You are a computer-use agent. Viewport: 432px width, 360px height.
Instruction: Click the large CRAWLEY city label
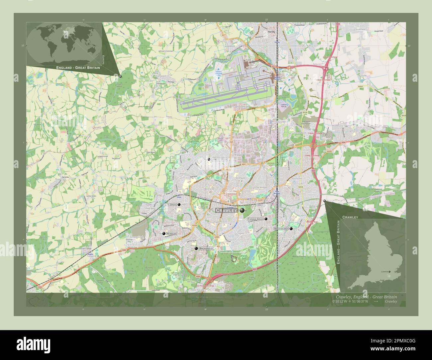point(226,211)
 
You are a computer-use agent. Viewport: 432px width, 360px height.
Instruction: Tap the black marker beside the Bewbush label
point(163,234)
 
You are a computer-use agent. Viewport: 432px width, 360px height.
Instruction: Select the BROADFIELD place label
point(206,248)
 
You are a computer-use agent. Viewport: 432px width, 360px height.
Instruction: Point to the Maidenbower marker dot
point(291,228)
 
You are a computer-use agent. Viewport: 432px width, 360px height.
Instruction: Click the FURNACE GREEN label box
point(255,219)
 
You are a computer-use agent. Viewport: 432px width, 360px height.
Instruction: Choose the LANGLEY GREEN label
point(219,160)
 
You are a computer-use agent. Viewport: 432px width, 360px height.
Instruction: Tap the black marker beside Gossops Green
point(179,205)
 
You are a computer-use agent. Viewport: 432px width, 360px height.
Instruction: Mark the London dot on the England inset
point(389,272)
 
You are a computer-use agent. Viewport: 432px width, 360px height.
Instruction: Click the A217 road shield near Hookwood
point(224,35)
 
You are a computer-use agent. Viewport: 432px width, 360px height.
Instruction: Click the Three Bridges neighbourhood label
point(260,188)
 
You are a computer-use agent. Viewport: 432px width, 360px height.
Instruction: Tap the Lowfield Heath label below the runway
point(242,107)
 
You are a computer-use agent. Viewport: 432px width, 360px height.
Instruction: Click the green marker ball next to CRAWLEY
point(242,211)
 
